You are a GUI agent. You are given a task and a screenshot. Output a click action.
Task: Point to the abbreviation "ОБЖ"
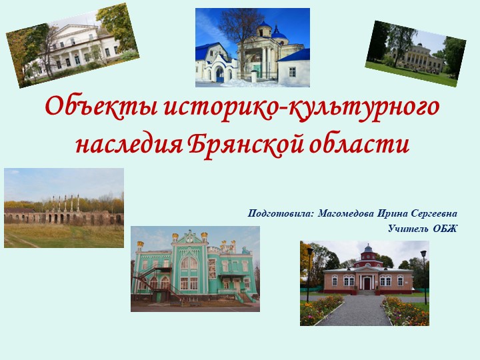coord(445,229)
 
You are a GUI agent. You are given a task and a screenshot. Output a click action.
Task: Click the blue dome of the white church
coord(265,29)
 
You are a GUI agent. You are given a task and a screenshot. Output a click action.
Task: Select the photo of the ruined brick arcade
coord(63,208)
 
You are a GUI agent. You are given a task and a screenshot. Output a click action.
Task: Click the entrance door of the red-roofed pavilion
coord(366,283)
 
